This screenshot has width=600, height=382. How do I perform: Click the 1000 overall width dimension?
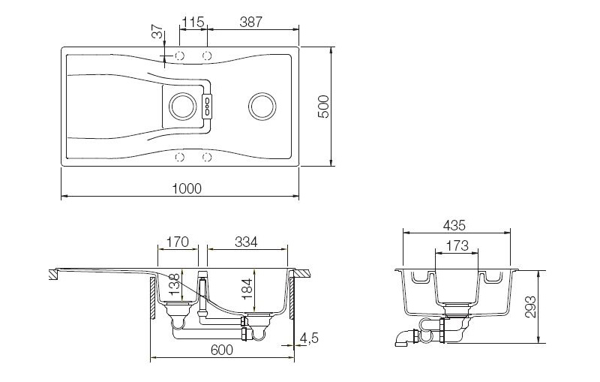[187, 188]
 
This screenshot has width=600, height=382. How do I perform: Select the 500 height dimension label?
[324, 107]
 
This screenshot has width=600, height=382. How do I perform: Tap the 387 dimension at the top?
[251, 22]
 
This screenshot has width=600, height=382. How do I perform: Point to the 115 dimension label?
[193, 22]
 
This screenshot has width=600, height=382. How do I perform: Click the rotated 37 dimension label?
[157, 32]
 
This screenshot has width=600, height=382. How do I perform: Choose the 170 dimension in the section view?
[178, 242]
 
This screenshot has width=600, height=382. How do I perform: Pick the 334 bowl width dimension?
[246, 242]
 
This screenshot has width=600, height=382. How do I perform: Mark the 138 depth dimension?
[174, 284]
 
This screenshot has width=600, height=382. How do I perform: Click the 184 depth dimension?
[247, 289]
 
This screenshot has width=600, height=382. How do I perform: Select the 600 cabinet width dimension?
[221, 350]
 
